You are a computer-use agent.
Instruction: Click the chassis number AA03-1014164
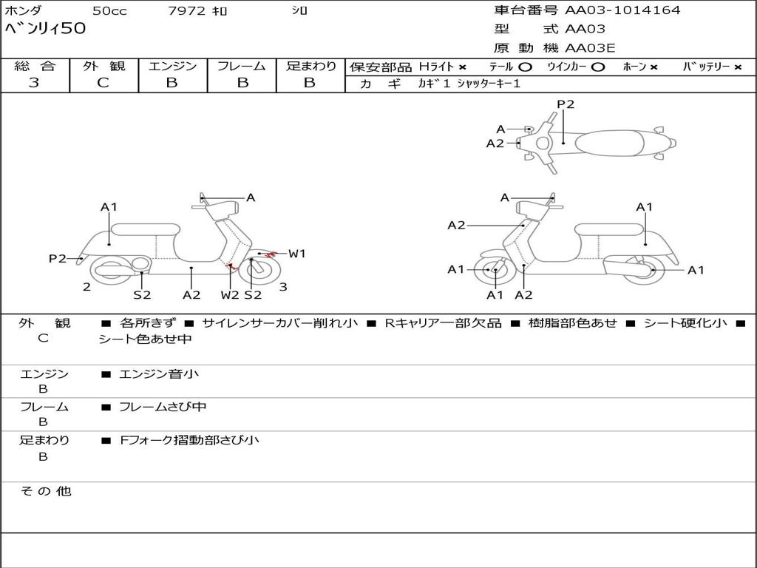click(622, 10)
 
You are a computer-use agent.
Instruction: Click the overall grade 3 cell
click(34, 83)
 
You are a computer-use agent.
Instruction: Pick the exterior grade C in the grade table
click(103, 83)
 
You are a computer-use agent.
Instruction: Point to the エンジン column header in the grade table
click(172, 66)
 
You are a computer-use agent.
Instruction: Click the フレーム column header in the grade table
click(241, 66)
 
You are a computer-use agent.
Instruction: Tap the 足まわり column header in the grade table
click(310, 66)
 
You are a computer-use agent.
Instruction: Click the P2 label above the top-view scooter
click(566, 104)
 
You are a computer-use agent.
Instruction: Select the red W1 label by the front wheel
click(296, 254)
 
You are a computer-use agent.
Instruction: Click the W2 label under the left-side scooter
click(230, 294)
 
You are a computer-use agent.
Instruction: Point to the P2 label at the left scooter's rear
click(58, 258)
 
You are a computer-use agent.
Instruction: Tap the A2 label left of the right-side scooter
click(457, 225)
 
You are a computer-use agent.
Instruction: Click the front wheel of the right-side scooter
click(494, 270)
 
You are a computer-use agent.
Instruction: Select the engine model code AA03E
click(590, 48)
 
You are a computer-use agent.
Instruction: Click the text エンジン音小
click(159, 374)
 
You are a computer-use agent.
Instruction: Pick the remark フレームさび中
click(163, 407)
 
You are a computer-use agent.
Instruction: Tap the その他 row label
click(45, 491)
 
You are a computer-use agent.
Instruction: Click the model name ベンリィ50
click(46, 29)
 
